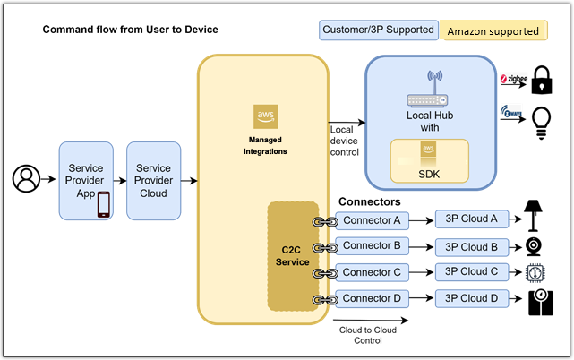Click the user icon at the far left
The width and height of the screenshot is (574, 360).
pyautogui.click(x=26, y=180)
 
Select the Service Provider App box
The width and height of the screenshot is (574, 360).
pyautogui.click(x=86, y=180)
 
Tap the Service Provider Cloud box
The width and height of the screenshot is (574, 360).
pyautogui.click(x=154, y=180)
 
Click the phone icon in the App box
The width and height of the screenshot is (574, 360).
pyautogui.click(x=103, y=204)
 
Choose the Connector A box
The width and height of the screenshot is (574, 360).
pyautogui.click(x=373, y=220)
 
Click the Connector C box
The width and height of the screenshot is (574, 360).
pyautogui.click(x=373, y=272)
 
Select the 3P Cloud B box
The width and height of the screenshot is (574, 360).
pyautogui.click(x=471, y=246)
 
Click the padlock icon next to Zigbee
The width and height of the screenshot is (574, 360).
pyautogui.click(x=541, y=82)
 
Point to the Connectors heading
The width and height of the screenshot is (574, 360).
pyautogui.click(x=369, y=202)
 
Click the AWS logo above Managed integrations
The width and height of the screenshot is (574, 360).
pyautogui.click(x=265, y=117)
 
